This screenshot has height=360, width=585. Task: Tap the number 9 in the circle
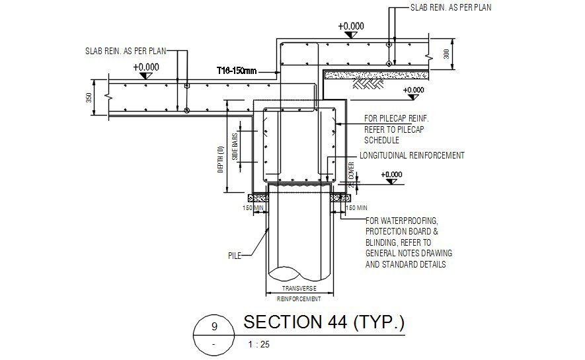[x=214, y=326]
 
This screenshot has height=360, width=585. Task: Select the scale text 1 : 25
[x=258, y=344]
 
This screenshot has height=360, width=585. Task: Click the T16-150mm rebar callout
[x=236, y=69]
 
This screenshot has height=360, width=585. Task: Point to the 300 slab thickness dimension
[x=446, y=54]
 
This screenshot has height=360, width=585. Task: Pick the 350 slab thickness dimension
[x=89, y=97]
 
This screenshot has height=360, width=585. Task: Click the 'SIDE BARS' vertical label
[x=234, y=147]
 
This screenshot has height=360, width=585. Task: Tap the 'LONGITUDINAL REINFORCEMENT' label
[x=412, y=155]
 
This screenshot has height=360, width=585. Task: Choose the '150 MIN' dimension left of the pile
[x=253, y=208]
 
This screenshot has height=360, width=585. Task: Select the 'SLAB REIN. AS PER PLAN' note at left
[x=126, y=50]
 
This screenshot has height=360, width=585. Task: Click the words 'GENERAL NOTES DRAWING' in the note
[x=409, y=254]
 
